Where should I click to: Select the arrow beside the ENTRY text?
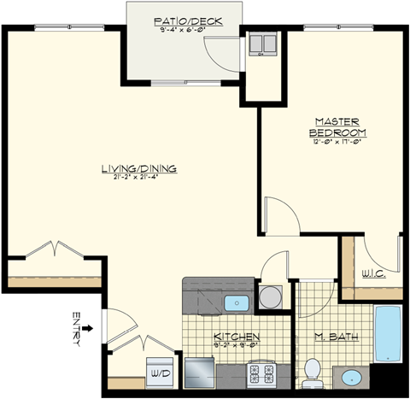(x=90, y=326)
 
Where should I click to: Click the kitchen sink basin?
(x=235, y=302)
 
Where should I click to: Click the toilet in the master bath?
(x=313, y=369)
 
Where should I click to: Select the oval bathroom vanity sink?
(x=350, y=376)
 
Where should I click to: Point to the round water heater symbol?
(x=271, y=297)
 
